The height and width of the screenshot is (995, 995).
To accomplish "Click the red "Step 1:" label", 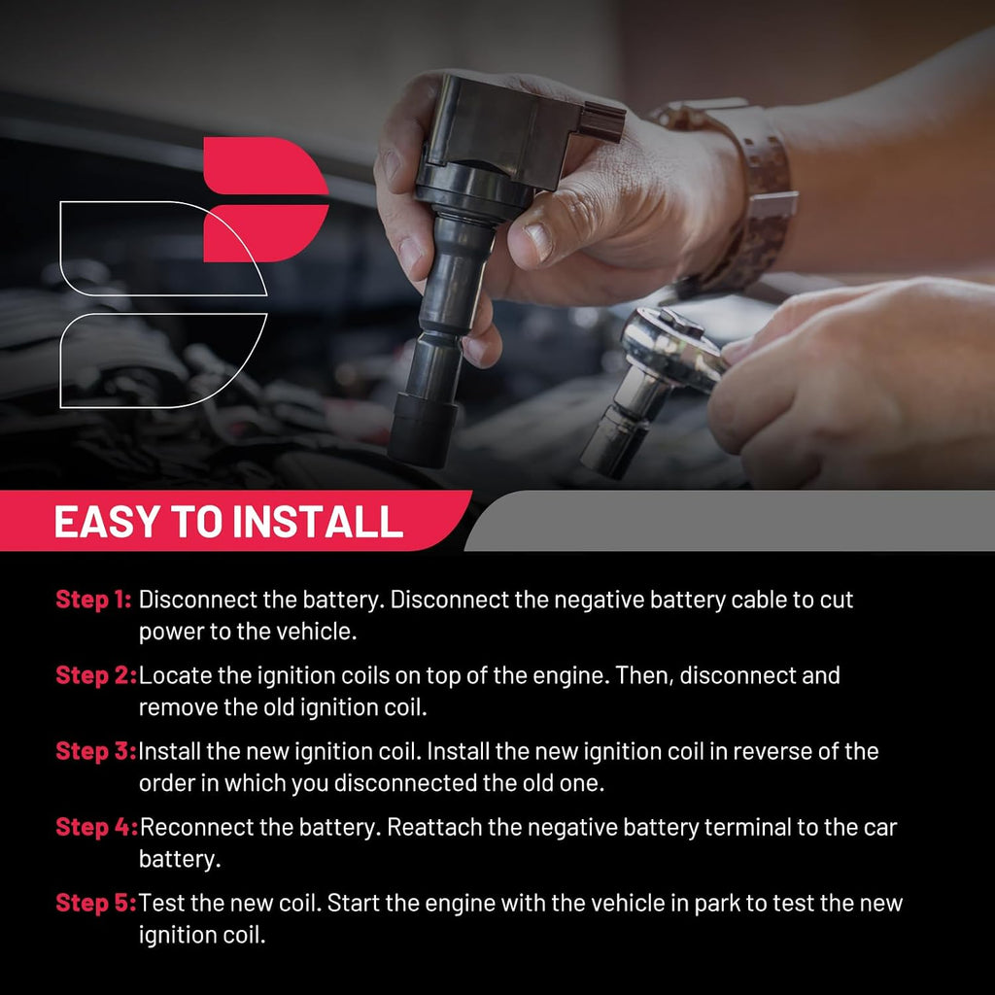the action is (x=93, y=599).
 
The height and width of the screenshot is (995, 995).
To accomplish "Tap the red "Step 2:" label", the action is (x=96, y=675).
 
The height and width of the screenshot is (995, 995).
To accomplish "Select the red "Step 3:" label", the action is (x=96, y=751).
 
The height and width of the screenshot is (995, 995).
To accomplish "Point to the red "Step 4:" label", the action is (x=96, y=827).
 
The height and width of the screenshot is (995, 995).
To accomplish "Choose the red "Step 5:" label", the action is (x=96, y=903).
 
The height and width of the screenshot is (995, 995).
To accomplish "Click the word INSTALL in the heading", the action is (x=318, y=522).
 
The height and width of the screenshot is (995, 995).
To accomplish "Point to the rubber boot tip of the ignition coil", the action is (x=423, y=430).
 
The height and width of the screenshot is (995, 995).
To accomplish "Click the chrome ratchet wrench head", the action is (x=672, y=349).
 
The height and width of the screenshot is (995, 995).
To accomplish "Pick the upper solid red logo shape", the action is (x=265, y=165).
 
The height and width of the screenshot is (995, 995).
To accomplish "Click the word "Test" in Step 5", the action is (x=158, y=903).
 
